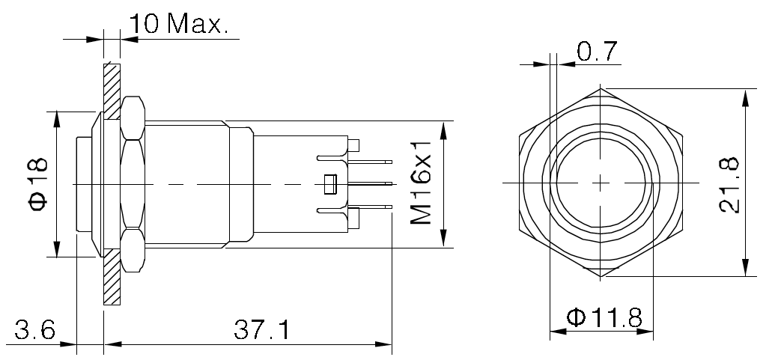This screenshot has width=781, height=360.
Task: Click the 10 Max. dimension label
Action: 178,23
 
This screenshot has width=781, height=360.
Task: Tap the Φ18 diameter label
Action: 38,184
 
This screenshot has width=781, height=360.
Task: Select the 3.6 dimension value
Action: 34,329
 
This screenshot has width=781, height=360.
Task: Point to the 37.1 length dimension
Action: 261,329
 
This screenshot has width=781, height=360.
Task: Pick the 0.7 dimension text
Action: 597,52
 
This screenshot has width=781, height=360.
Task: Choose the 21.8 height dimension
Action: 729,185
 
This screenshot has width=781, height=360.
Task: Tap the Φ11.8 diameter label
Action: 604,317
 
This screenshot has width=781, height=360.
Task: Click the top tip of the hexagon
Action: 601,88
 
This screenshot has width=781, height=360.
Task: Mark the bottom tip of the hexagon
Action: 601,276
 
